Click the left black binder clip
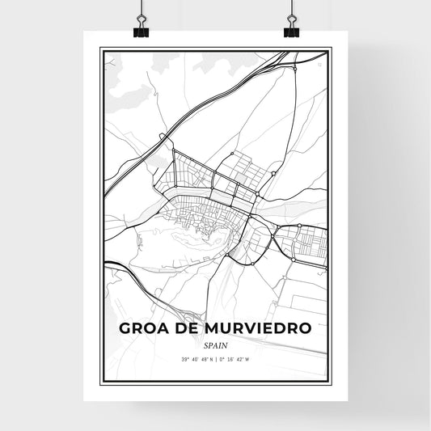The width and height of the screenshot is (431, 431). pyautogui.click(x=142, y=31)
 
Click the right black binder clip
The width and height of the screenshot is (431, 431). pyautogui.click(x=290, y=31)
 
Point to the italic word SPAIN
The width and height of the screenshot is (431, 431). pyautogui.click(x=215, y=344)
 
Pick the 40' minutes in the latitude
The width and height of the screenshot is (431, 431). pyautogui.click(x=178, y=359)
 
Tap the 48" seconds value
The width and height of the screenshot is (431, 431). pyautogui.click(x=192, y=359)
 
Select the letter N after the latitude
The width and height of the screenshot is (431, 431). pyautogui.click(x=204, y=359)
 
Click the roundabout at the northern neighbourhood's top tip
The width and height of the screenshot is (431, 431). pyautogui.click(x=232, y=153)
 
